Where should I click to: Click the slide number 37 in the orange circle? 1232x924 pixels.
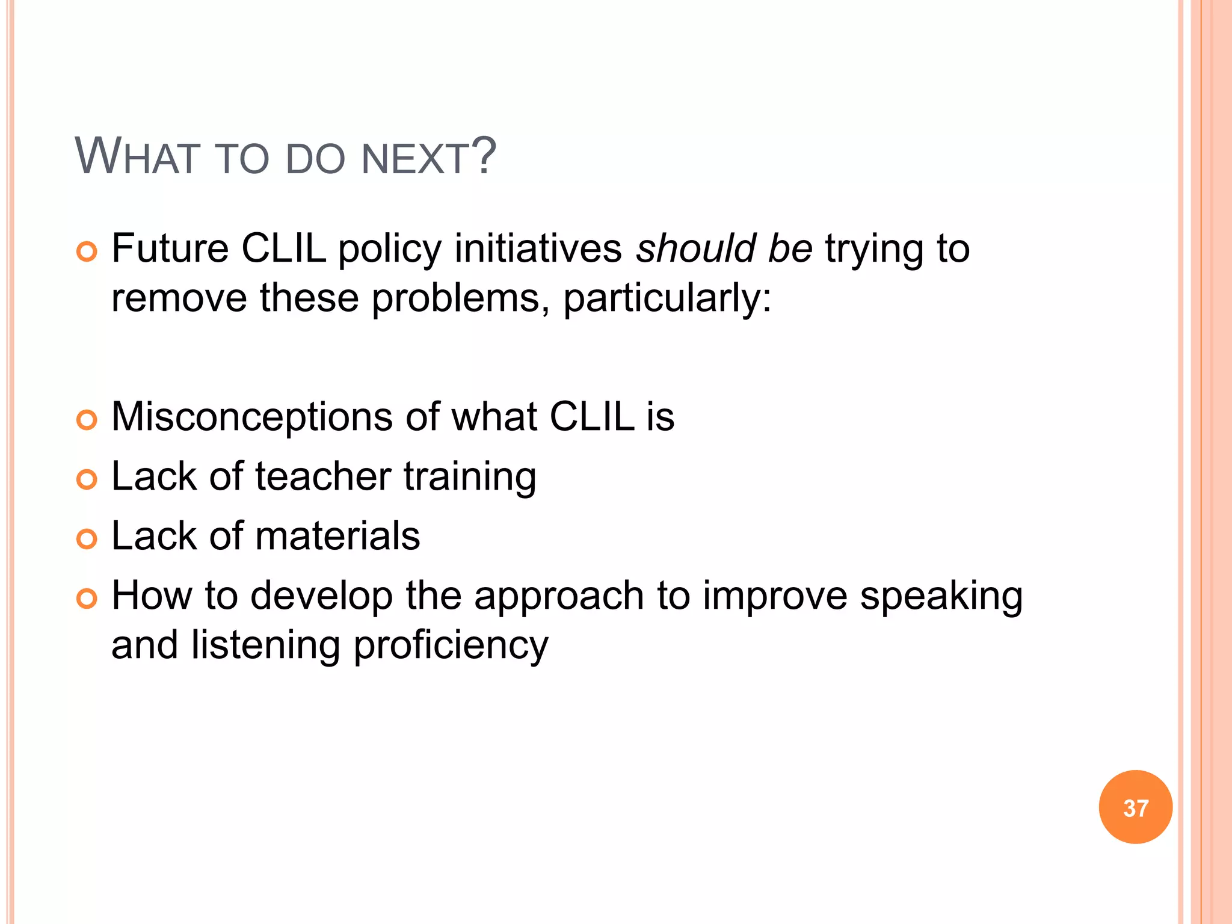(1135, 808)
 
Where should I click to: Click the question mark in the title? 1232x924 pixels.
(483, 156)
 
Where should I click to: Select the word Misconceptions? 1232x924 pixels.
(251, 417)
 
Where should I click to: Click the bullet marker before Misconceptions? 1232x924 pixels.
(87, 420)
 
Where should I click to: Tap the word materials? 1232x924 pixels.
(337, 535)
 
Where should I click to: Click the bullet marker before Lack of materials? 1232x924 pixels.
(87, 539)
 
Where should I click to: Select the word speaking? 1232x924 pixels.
(941, 597)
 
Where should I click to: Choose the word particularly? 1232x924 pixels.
(667, 299)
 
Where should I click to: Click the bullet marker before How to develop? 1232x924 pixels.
(87, 599)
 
